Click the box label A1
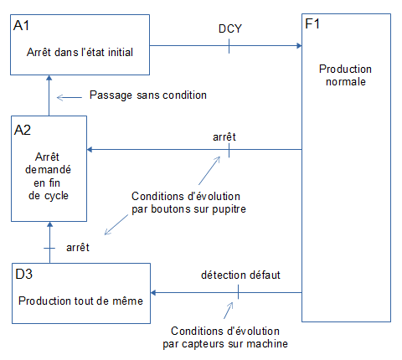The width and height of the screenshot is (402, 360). (x=23, y=27)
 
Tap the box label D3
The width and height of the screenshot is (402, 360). (x=23, y=273)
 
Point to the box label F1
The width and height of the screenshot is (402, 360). (x=313, y=25)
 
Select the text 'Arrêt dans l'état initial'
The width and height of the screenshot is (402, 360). (x=80, y=51)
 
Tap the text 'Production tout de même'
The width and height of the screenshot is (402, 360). (x=80, y=300)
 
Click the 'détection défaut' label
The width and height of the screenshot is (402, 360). (x=240, y=275)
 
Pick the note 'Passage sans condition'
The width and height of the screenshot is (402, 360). (x=147, y=95)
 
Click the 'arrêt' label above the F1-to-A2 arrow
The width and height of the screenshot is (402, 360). (x=224, y=136)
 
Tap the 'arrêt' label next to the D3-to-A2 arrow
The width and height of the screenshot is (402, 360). (x=78, y=248)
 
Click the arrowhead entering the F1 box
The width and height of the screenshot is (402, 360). (x=297, y=46)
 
